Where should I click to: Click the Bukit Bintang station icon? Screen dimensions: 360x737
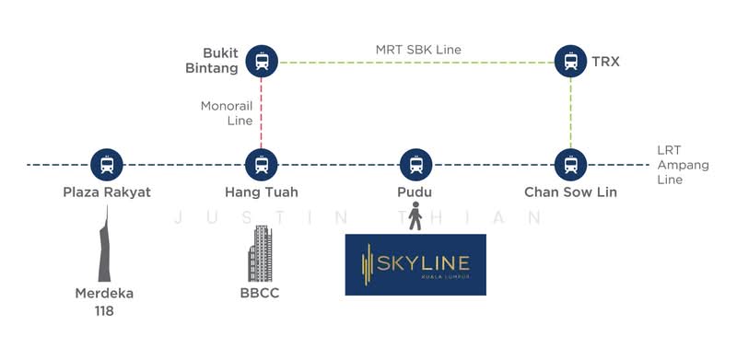coord(263,62)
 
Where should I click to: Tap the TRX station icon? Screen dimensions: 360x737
coord(570,62)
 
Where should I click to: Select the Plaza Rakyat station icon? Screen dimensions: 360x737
coord(108,165)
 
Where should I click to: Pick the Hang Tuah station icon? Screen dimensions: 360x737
coord(263,165)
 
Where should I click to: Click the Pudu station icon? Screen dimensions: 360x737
coord(416,165)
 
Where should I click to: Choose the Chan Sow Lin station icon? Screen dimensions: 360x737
coord(570,165)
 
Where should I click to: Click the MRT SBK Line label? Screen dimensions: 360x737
coord(418,49)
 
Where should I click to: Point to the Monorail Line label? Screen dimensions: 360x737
coord(227,113)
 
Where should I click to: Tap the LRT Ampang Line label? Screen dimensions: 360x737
coord(670,165)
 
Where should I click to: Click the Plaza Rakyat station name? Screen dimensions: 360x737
coord(107,192)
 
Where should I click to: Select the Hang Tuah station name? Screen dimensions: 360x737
coord(262,192)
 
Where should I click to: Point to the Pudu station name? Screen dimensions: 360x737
coord(416,192)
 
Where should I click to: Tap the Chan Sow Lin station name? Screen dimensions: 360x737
coord(570,192)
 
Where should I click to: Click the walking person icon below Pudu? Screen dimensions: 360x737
coord(416,218)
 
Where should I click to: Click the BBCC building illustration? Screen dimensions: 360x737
coord(261,253)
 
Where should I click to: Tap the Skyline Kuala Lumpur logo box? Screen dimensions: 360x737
coord(415,264)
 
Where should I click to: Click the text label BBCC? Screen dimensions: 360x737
coord(262,295)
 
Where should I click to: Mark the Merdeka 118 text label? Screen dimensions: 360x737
coord(104,302)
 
